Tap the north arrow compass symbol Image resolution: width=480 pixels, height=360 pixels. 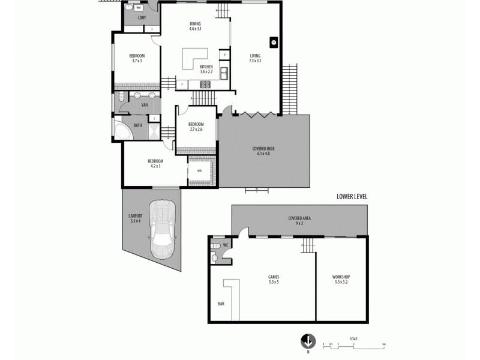pos(308,341)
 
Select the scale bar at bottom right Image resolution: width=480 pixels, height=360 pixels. pos(354,344)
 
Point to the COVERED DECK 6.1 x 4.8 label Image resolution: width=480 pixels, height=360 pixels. pos(264,151)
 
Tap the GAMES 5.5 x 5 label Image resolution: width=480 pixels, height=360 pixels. pos(274,279)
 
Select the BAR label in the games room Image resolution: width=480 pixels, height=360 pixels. pos(221,304)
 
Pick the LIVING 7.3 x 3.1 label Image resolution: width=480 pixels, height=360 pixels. pos(255,58)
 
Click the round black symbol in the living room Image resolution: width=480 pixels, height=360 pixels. pos(273,42)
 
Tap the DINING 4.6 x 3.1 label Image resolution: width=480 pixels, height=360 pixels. pos(195,26)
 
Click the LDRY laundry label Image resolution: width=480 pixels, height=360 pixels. pos(142,18)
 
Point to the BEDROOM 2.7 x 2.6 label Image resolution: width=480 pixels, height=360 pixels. pos(196,127)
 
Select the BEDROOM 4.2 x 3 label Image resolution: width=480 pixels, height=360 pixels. pos(155,163)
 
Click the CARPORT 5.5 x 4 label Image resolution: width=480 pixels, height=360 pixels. pos(135,218)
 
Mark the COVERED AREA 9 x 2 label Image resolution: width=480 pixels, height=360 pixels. pos(298,220)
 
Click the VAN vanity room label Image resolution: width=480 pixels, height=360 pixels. pos(145,106)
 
